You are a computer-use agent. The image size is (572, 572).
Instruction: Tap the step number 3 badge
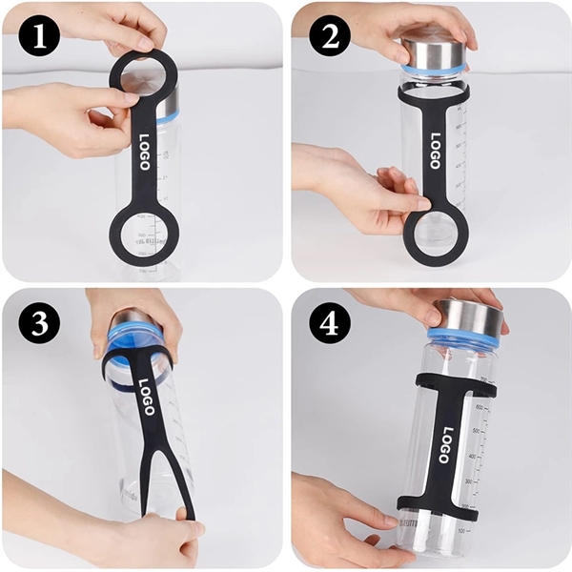click(x=39, y=324)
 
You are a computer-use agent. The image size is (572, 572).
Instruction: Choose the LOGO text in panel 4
click(x=445, y=443)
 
